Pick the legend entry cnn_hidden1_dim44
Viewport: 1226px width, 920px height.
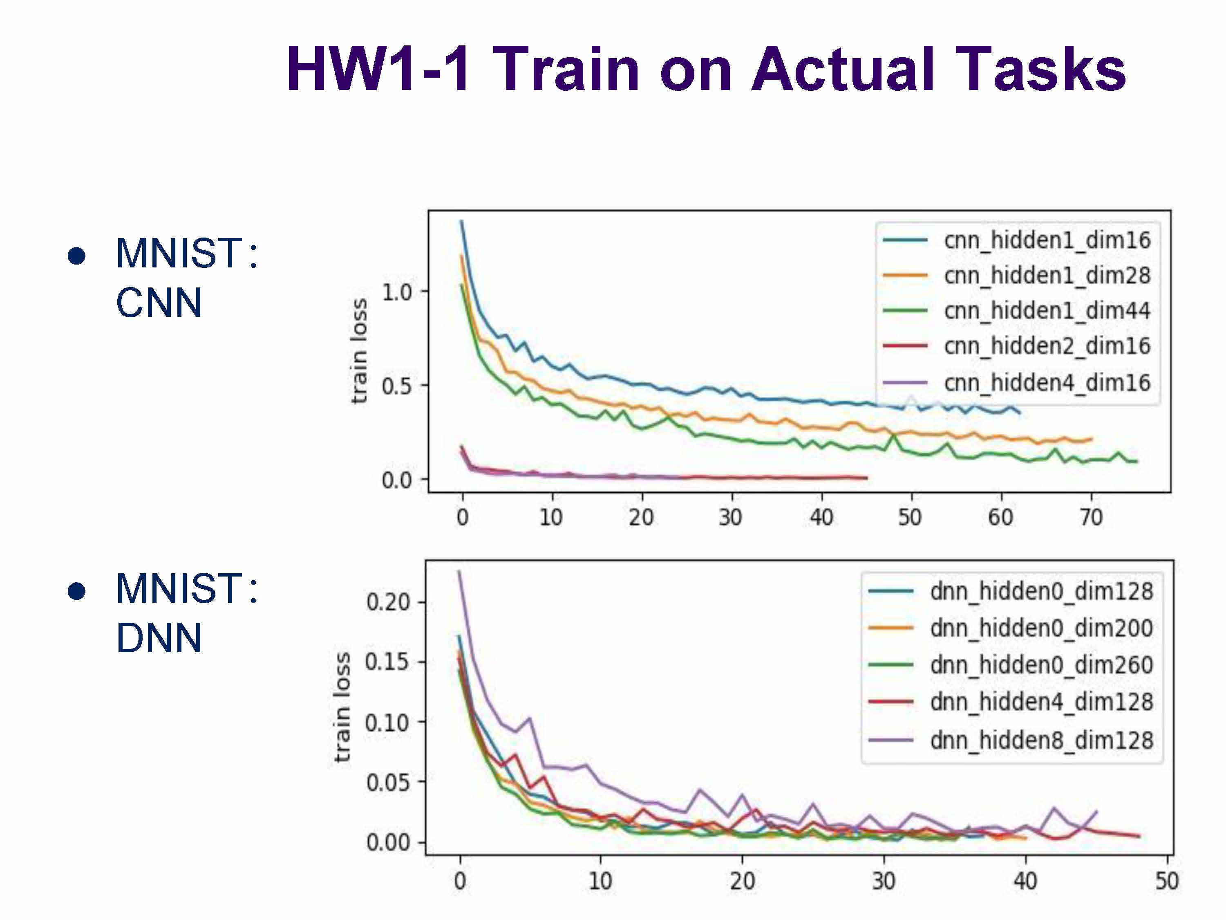point(1047,310)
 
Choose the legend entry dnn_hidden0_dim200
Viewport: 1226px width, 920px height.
point(1041,628)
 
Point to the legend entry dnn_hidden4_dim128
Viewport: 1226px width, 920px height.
point(1041,702)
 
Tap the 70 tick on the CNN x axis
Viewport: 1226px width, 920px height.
point(1091,517)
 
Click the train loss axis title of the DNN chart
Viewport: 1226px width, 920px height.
point(342,707)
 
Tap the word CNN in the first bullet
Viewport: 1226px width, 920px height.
point(159,303)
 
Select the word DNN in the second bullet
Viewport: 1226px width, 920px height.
point(159,638)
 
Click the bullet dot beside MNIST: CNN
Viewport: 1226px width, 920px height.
point(76,256)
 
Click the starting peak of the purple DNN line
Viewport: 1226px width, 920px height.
point(459,571)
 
